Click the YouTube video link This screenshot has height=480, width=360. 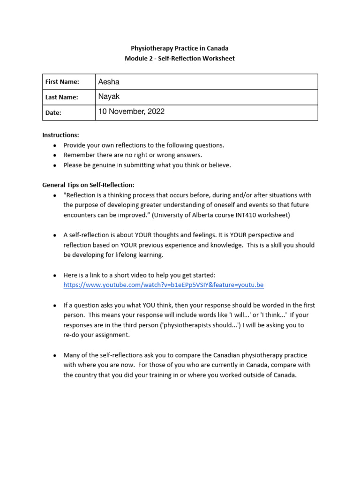click(x=164, y=285)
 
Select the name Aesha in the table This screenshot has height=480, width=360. click(x=109, y=82)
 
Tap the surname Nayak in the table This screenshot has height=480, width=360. click(x=109, y=97)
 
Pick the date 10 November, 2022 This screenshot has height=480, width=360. click(x=131, y=112)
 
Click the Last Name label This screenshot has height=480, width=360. click(x=61, y=97)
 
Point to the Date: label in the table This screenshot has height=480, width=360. click(x=53, y=112)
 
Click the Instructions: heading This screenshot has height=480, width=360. click(x=60, y=135)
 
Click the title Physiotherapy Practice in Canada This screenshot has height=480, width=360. click(x=180, y=48)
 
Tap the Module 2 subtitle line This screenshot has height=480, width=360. click(x=180, y=59)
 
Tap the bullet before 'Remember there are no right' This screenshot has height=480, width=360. click(x=55, y=155)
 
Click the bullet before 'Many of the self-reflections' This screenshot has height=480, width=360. click(x=55, y=355)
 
